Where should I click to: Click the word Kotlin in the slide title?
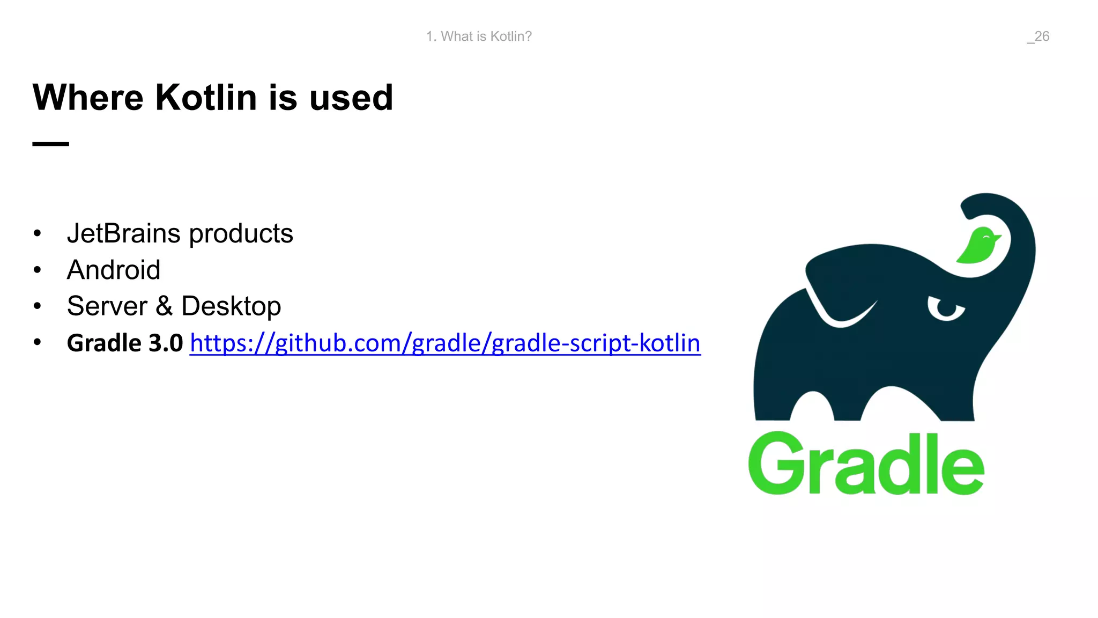pyautogui.click(x=206, y=98)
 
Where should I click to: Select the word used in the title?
pyautogui.click(x=351, y=98)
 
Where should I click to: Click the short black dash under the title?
pyautogui.click(x=50, y=144)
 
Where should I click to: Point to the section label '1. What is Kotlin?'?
pyautogui.click(x=479, y=36)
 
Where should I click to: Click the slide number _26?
pyautogui.click(x=1038, y=36)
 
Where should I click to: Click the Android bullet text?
pyautogui.click(x=114, y=270)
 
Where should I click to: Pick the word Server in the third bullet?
pyautogui.click(x=107, y=306)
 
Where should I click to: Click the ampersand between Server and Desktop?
pyautogui.click(x=164, y=306)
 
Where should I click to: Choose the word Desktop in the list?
pyautogui.click(x=231, y=307)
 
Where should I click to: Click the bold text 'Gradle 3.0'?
pyautogui.click(x=125, y=343)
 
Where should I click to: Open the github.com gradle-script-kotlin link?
pyautogui.click(x=445, y=343)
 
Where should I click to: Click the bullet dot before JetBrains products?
pyautogui.click(x=37, y=233)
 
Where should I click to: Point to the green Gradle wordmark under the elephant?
pyautogui.click(x=866, y=464)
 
